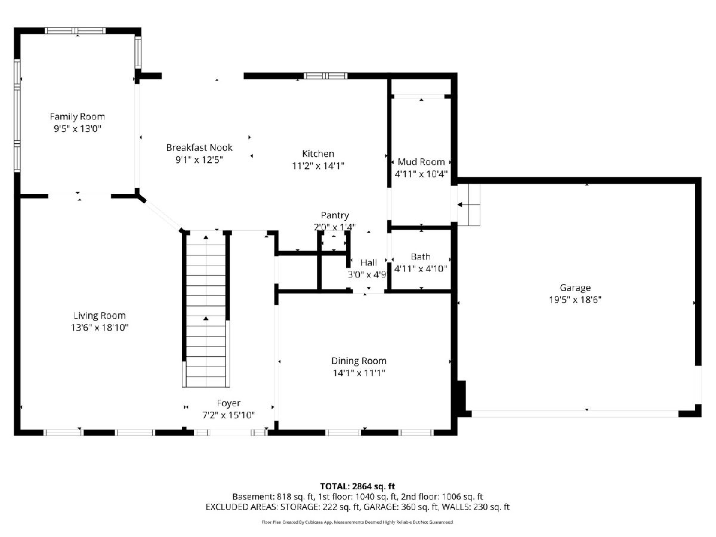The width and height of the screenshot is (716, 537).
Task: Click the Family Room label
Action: [x=78, y=117]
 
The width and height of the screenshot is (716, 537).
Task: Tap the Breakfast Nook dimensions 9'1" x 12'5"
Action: [x=199, y=160]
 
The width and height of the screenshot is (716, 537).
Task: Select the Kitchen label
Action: [x=318, y=153]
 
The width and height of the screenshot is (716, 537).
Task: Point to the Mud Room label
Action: [x=421, y=162]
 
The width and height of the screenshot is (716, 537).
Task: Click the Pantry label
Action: [x=335, y=215]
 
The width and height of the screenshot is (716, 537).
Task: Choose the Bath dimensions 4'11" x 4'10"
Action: [x=421, y=268]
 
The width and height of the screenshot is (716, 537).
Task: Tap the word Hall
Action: [x=369, y=263]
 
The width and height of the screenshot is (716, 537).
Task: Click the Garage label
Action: [x=575, y=288]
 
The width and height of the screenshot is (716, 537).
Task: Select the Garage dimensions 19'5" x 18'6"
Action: [x=575, y=300]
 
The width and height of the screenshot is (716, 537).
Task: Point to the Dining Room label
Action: [x=359, y=361]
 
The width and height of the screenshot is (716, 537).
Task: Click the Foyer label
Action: [x=229, y=403]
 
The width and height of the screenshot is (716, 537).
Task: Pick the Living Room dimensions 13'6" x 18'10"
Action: [x=100, y=328]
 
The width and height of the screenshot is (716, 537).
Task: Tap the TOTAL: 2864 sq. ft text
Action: [x=357, y=486]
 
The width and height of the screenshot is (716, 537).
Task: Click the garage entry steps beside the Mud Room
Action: [x=469, y=205]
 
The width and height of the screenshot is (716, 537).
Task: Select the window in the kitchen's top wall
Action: [x=326, y=76]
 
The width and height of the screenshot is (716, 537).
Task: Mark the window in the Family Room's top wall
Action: [x=75, y=31]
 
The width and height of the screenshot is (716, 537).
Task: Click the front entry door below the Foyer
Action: [x=231, y=433]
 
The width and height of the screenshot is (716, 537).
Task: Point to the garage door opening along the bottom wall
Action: [x=575, y=413]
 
